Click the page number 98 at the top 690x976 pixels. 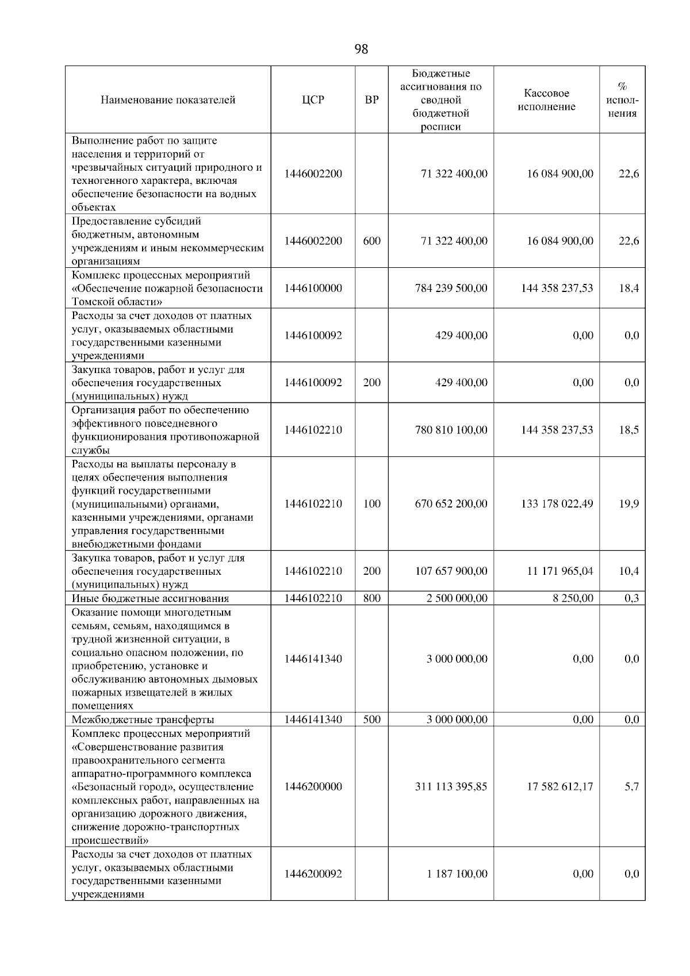(x=361, y=49)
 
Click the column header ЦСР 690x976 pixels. (x=313, y=100)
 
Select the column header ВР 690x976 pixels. (x=371, y=100)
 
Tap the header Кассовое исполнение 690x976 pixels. (x=546, y=100)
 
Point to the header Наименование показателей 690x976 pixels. (x=168, y=100)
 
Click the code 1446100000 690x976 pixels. (x=313, y=288)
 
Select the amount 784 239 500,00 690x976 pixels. (x=451, y=288)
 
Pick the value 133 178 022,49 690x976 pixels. (x=557, y=504)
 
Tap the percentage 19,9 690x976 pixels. (x=628, y=504)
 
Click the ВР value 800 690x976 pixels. (x=371, y=598)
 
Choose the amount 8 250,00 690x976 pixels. (x=573, y=598)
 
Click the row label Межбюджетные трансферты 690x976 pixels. (x=143, y=720)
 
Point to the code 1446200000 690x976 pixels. (x=313, y=787)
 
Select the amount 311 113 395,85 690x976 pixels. (x=451, y=787)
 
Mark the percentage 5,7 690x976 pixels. (x=631, y=787)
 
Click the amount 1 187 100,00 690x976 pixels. (x=457, y=874)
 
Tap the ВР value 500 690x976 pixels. (x=371, y=720)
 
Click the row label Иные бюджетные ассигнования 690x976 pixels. (x=150, y=598)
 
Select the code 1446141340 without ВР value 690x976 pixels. (x=313, y=659)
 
